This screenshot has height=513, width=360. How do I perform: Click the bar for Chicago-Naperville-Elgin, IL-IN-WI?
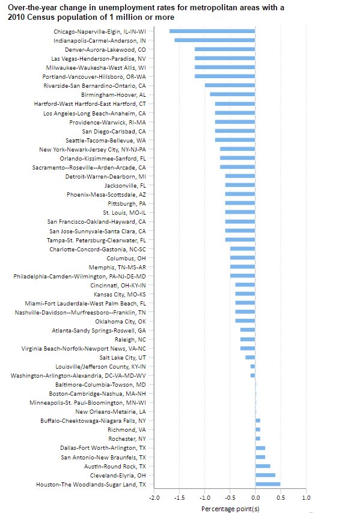[212, 31]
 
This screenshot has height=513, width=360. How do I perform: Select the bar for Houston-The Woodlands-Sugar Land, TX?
[267, 484]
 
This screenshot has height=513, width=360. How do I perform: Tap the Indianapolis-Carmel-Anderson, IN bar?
[215, 40]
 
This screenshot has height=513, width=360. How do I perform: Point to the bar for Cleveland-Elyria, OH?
[265, 475]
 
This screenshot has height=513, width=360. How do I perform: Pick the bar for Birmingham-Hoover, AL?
[232, 94]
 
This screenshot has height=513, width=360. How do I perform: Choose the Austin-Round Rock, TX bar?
[263, 465]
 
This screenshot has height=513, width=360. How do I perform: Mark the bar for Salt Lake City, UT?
[250, 357]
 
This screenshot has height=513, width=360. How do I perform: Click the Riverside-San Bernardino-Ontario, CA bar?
[230, 85]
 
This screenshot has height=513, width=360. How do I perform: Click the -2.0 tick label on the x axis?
[154, 498]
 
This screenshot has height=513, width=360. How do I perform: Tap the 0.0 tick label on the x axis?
[255, 498]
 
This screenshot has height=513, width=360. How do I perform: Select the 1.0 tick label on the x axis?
[306, 498]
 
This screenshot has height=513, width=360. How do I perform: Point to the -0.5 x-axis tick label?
[230, 498]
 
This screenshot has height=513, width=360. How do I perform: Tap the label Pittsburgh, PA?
[124, 203]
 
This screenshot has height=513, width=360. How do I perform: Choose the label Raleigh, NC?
[126, 339]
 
